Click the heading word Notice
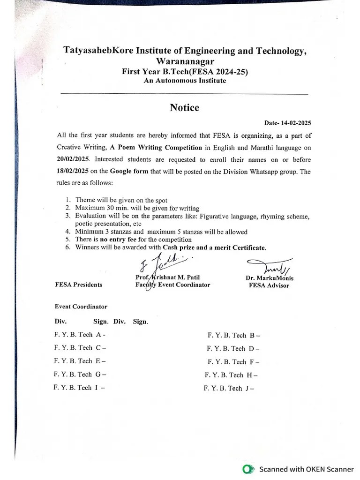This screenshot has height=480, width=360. coord(184,108)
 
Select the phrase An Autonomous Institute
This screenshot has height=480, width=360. coord(185,81)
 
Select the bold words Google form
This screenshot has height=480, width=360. coord(129,172)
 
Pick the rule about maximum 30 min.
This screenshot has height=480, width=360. coord(136,208)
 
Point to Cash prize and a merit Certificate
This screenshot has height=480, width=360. coord(214,247)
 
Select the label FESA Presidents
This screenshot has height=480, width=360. coord(78,285)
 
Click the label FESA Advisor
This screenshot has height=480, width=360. coord(269,285)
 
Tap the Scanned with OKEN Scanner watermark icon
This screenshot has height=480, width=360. coord(247,469)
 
